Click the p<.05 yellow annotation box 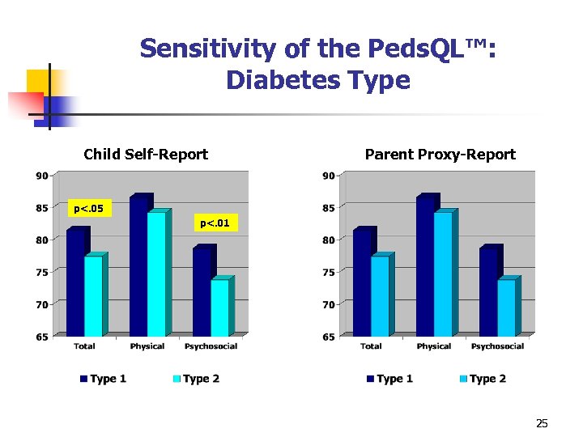click(x=88, y=210)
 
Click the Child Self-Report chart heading click(x=146, y=155)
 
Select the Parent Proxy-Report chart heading click(x=440, y=155)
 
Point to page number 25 click(x=542, y=423)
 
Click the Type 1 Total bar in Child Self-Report click(x=74, y=283)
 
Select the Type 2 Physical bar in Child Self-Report click(x=155, y=275)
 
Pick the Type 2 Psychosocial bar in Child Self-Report click(x=219, y=308)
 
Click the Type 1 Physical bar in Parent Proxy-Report click(x=424, y=267)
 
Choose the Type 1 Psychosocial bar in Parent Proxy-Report click(x=487, y=291)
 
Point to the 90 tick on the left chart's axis click(x=41, y=175)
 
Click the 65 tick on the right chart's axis click(x=328, y=337)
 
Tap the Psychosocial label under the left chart click(x=211, y=346)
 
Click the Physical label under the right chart click(x=434, y=346)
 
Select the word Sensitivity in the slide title click(x=208, y=49)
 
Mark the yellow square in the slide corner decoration click(x=45, y=83)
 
